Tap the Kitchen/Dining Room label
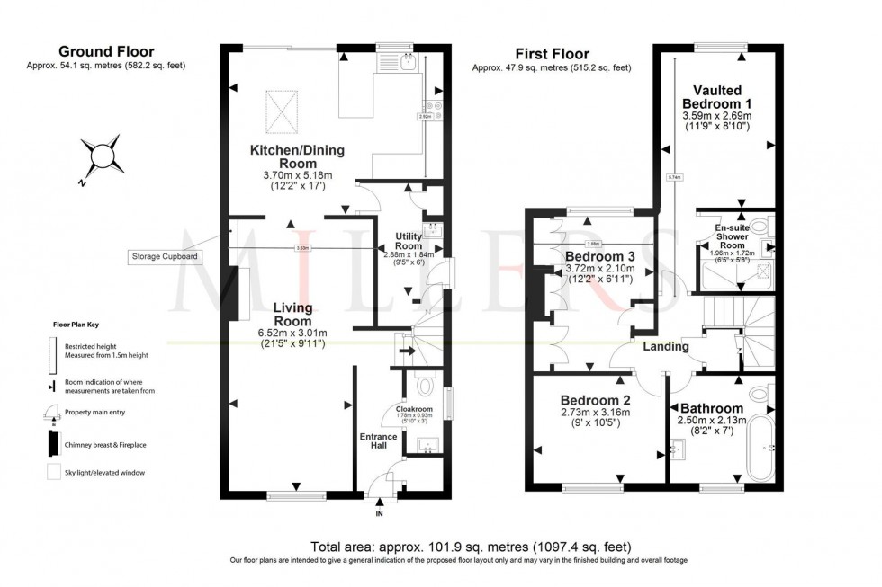coord(296,156)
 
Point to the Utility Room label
coord(409,241)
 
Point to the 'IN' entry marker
coord(379,514)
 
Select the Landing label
coord(666,347)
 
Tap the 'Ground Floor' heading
coord(106,52)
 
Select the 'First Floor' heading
coord(552,54)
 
